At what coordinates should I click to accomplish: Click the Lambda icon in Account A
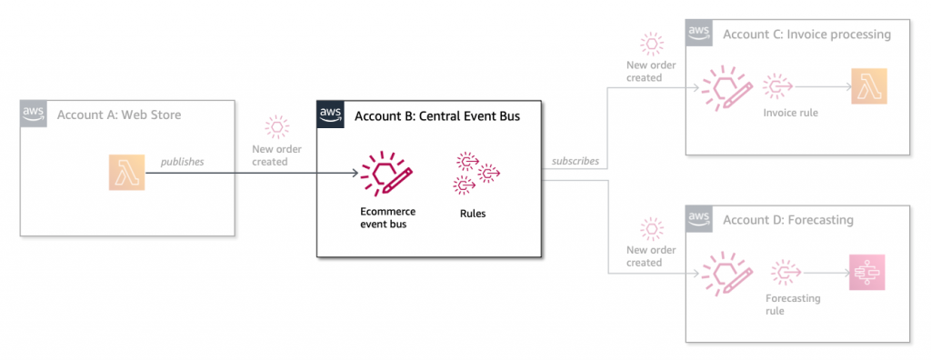[125, 172]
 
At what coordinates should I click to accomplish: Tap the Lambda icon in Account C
[868, 86]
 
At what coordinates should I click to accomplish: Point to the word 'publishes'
[182, 162]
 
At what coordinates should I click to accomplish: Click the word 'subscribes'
[575, 162]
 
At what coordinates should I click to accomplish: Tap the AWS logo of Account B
[330, 115]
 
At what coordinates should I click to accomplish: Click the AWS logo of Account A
[34, 115]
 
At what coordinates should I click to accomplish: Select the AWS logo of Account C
[699, 34]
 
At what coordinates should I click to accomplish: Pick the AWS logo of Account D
[699, 218]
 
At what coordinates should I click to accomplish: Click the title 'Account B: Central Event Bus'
[436, 115]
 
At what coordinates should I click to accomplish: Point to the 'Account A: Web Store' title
[118, 115]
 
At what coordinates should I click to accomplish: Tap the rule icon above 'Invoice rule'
[779, 86]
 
